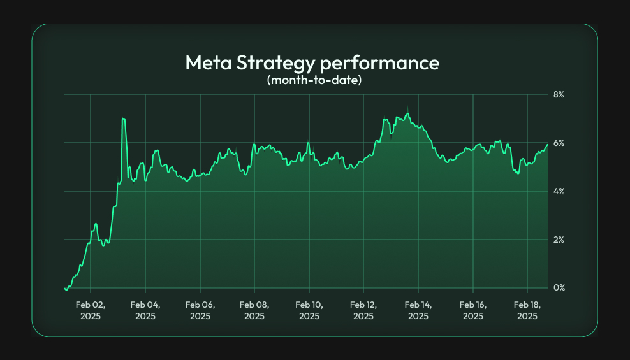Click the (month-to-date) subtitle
(x=314, y=81)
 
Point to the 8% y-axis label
(x=559, y=94)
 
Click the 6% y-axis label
(x=559, y=143)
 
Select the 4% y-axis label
(x=559, y=191)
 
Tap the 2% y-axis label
(x=559, y=240)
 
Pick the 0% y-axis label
(x=559, y=288)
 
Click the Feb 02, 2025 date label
(x=91, y=310)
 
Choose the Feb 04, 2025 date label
(x=145, y=310)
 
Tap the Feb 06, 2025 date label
(x=200, y=310)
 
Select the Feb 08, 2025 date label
(x=254, y=310)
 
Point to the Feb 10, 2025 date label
(x=309, y=310)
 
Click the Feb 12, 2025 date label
(x=363, y=310)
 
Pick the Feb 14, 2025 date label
(x=418, y=310)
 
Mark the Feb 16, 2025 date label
(x=473, y=310)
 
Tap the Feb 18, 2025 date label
(x=527, y=310)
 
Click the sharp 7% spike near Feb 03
(x=123, y=119)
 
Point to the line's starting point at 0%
(x=66, y=289)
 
